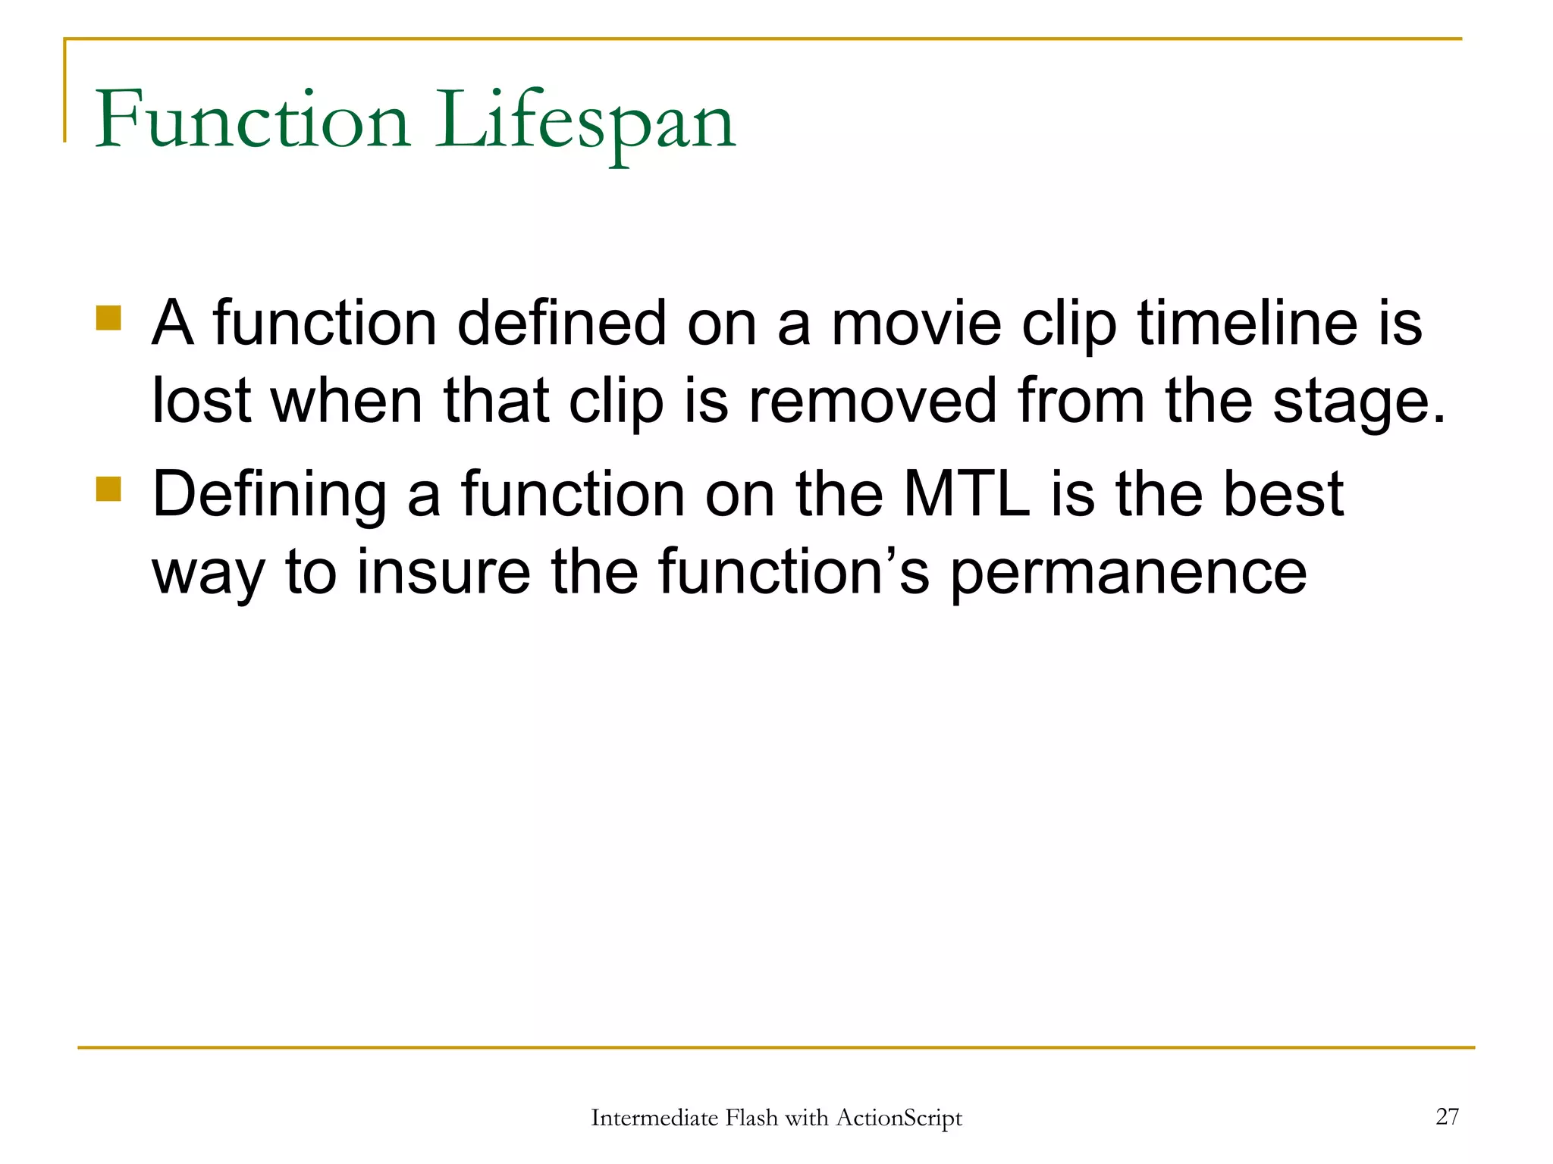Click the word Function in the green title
(253, 121)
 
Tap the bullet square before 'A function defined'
(108, 318)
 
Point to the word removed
(872, 402)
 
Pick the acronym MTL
(967, 495)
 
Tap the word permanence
(1128, 574)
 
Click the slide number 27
(1447, 1116)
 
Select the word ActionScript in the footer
(899, 1118)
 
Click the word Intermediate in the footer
(654, 1118)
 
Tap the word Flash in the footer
(751, 1118)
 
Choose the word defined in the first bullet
(561, 324)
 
